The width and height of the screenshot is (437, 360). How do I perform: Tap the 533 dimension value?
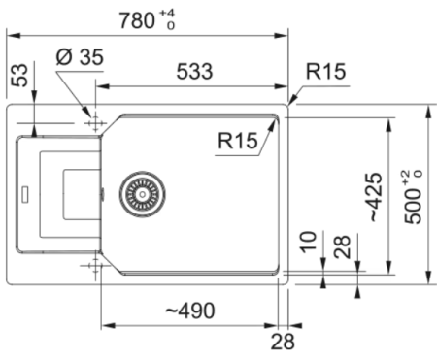point(195,71)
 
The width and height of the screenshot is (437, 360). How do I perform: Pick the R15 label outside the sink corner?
point(324,72)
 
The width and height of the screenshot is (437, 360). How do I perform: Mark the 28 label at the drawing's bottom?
point(282,341)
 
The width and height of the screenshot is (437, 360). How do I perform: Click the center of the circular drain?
point(142,192)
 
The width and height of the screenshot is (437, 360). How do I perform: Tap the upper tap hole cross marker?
point(95,124)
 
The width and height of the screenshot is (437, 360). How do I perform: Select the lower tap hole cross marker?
point(95,265)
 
